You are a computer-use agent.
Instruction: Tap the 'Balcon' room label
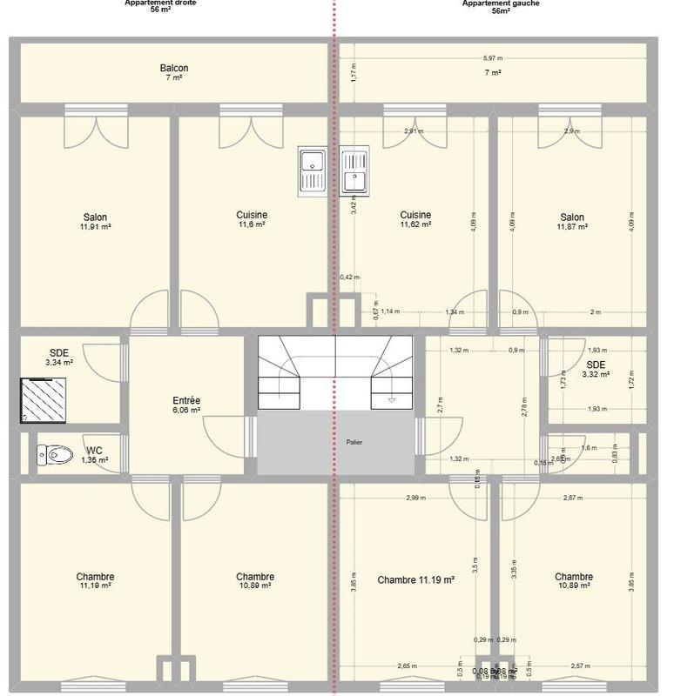[174, 68]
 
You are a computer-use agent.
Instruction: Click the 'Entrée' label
[187, 400]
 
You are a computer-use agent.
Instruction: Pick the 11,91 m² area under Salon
[96, 227]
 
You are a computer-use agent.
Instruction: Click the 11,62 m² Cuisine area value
[415, 225]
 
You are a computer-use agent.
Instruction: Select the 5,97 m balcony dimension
[493, 58]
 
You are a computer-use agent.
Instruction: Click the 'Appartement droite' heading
[161, 3]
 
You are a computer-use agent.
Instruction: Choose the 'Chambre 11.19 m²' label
[416, 579]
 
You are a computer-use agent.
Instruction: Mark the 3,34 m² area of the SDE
[58, 363]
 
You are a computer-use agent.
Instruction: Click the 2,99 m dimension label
[416, 498]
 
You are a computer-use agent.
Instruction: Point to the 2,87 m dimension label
[573, 498]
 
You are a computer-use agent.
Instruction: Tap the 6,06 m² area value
[187, 410]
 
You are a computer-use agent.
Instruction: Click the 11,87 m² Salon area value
[572, 227]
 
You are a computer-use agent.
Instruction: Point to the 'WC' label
[94, 451]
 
